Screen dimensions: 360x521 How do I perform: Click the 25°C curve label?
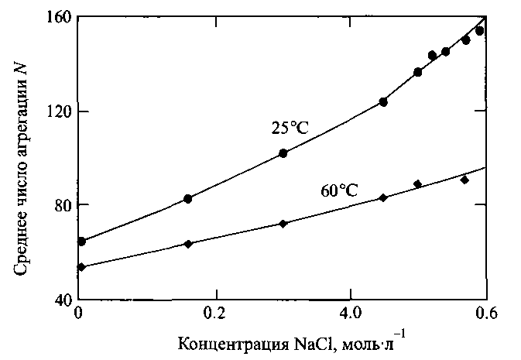[x=290, y=129]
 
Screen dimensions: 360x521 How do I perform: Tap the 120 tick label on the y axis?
[x=57, y=111]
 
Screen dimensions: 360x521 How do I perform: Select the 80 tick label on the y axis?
[x=60, y=205]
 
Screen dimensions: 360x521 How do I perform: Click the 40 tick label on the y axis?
[x=60, y=300]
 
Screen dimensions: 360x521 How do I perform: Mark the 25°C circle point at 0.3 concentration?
[x=283, y=153]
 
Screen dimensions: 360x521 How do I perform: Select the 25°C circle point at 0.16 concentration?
[x=187, y=199]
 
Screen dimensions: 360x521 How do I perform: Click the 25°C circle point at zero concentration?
[x=81, y=242]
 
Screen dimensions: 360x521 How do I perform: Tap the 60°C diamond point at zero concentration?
[x=81, y=267]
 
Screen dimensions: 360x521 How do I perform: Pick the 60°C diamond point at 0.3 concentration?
[x=283, y=224]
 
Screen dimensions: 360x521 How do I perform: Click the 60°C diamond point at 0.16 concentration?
[x=187, y=244]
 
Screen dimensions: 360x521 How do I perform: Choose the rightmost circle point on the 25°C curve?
[x=479, y=31]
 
